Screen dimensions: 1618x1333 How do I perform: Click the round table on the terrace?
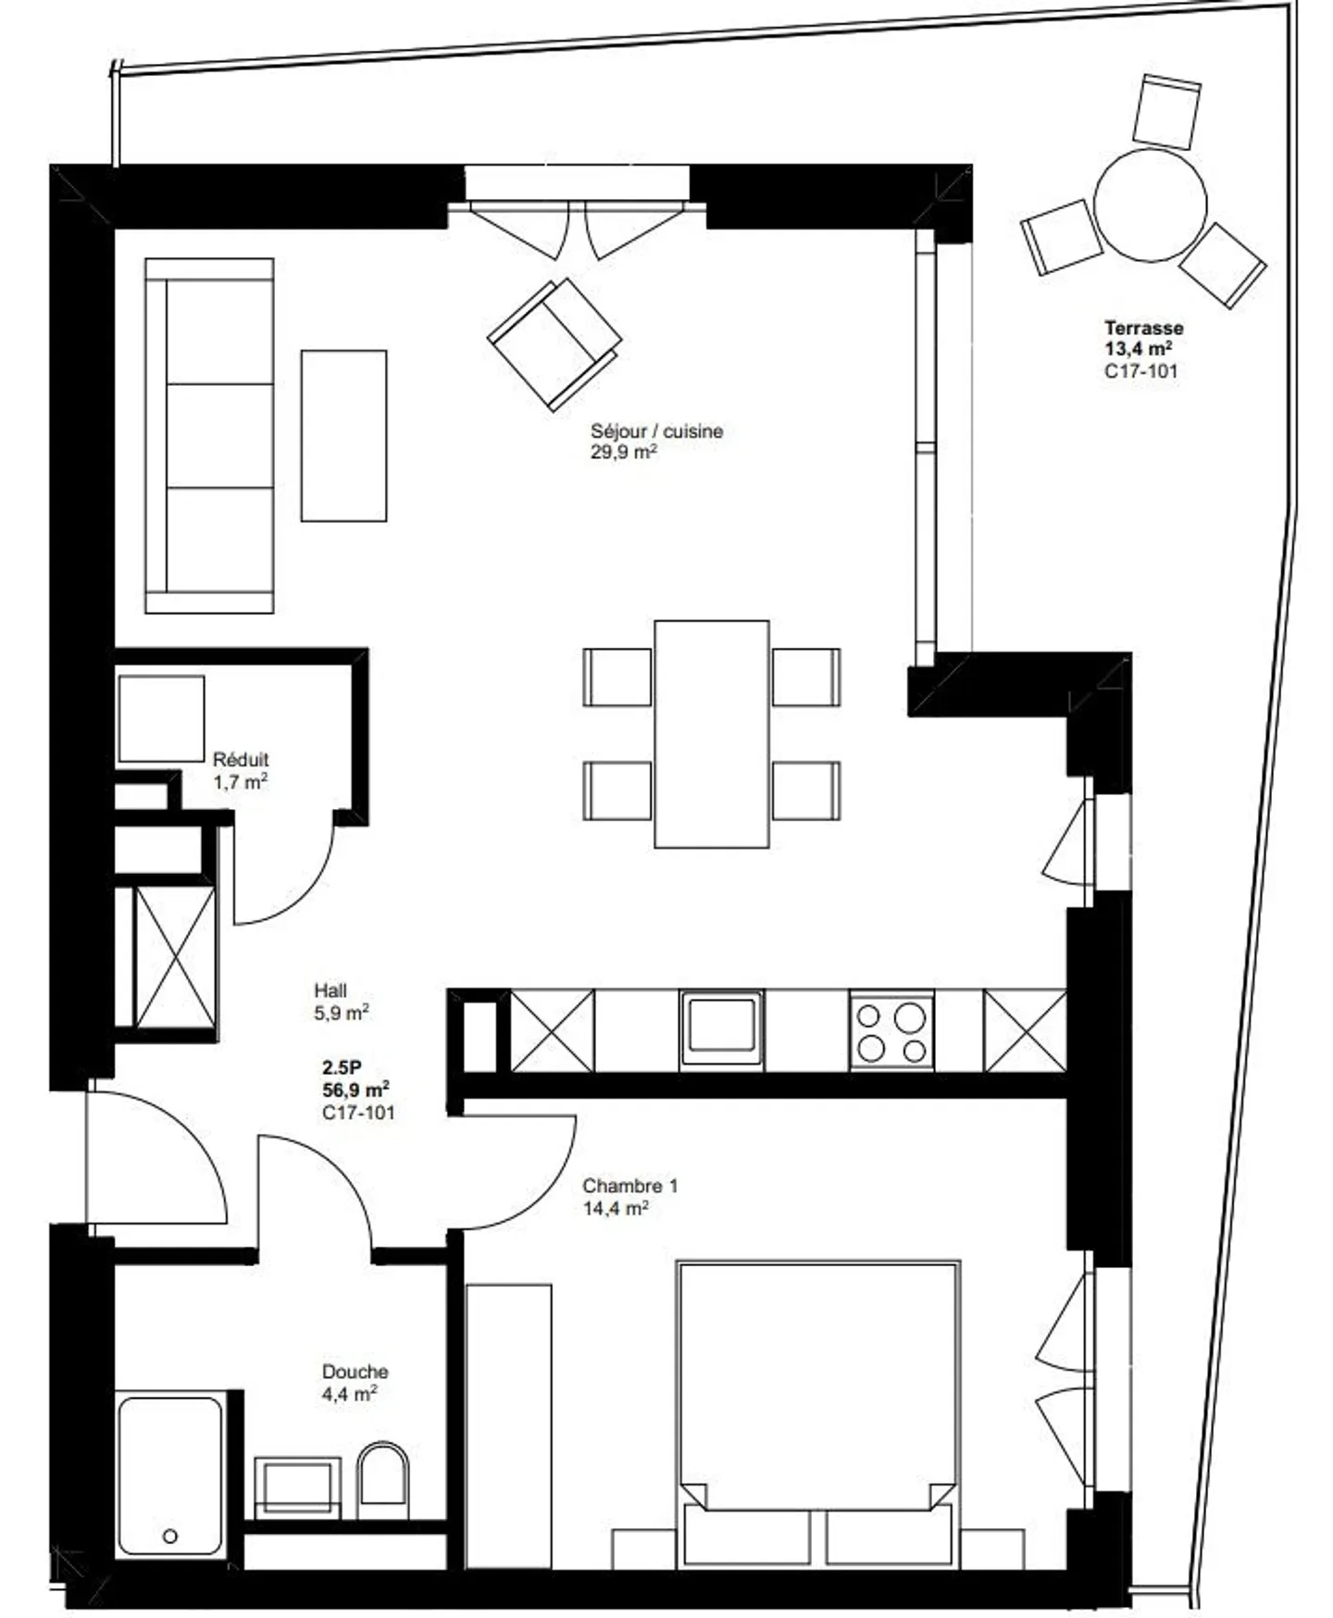pyautogui.click(x=1151, y=205)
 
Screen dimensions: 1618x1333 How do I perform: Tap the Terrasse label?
pyautogui.click(x=1143, y=328)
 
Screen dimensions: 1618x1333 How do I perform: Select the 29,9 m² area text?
pyautogui.click(x=624, y=453)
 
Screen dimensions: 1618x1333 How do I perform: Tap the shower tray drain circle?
pyautogui.click(x=169, y=1536)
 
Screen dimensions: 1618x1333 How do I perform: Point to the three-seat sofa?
pyautogui.click(x=210, y=435)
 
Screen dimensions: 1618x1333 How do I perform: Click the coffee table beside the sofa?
pyautogui.click(x=343, y=435)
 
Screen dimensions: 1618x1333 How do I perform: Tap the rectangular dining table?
pyautogui.click(x=711, y=733)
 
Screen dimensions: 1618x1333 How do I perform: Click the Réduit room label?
pyautogui.click(x=241, y=759)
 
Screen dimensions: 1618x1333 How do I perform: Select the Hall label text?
pyautogui.click(x=330, y=990)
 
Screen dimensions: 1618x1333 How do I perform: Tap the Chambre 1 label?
pyautogui.click(x=629, y=1186)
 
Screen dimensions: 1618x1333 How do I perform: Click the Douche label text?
pyautogui.click(x=355, y=1372)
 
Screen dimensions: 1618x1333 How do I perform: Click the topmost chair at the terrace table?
pyautogui.click(x=1166, y=111)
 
